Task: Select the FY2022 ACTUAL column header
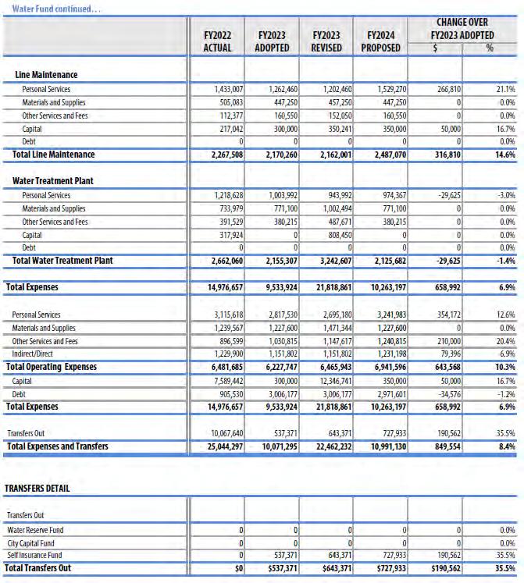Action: (x=217, y=41)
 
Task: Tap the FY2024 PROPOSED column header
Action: (x=380, y=41)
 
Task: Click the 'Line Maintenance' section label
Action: (x=46, y=75)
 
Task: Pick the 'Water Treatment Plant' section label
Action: (x=53, y=181)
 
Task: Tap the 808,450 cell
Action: (x=334, y=234)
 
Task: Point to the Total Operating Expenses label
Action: (x=52, y=367)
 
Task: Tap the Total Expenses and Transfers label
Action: (x=57, y=446)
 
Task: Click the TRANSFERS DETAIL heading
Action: (x=37, y=489)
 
